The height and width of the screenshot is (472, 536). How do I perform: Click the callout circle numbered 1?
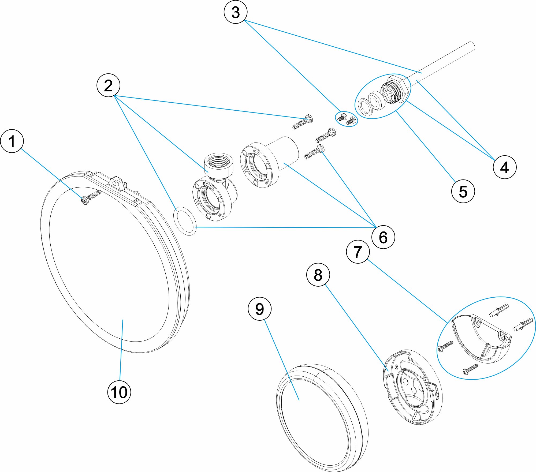[12, 141]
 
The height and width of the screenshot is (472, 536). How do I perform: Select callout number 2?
[108, 85]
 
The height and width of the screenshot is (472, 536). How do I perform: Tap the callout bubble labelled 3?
[235, 12]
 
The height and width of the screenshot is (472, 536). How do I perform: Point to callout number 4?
[504, 167]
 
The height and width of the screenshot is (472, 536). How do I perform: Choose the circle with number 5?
[463, 191]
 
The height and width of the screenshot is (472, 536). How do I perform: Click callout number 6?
[383, 237]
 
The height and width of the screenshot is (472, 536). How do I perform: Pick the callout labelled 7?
[358, 252]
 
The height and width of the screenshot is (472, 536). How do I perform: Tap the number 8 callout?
[318, 275]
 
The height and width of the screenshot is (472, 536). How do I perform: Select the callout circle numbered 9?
[259, 309]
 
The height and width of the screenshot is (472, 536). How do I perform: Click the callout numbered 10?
[119, 392]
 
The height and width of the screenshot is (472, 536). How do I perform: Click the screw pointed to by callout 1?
[91, 197]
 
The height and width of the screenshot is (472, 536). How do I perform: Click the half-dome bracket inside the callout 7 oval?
[482, 340]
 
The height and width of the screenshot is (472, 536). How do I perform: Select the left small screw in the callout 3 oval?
[341, 117]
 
